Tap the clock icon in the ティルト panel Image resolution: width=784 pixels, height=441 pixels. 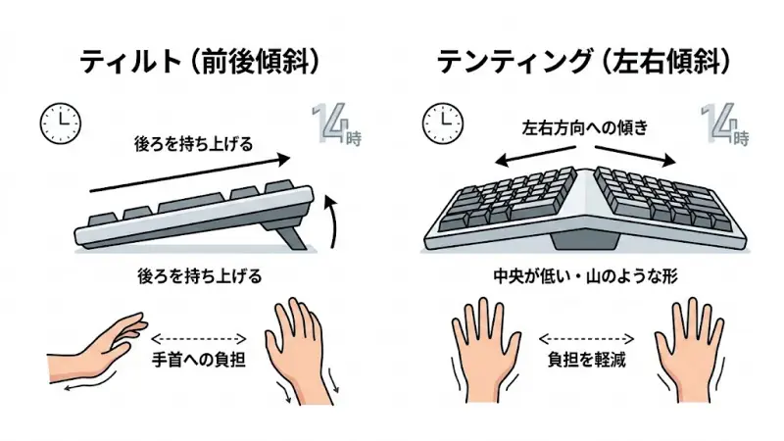60,121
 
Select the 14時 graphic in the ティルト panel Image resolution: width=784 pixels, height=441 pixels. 336,123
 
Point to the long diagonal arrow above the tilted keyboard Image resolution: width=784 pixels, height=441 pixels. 191,171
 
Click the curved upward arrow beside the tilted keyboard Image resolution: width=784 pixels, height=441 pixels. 333,218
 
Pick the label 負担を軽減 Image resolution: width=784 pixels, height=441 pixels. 585,359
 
